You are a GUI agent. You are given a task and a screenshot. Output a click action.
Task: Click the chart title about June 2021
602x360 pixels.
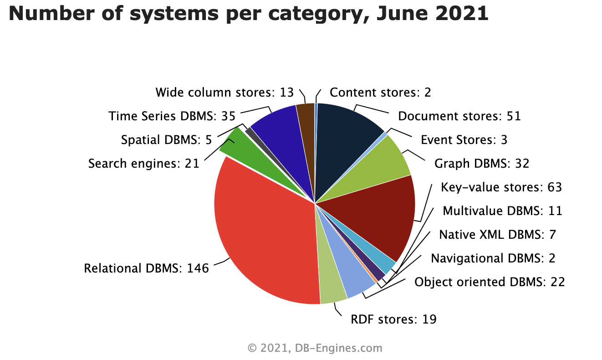(249, 14)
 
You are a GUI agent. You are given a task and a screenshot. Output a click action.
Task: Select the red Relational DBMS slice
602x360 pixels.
(264, 237)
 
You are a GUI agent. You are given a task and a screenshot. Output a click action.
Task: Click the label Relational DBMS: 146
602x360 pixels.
(146, 268)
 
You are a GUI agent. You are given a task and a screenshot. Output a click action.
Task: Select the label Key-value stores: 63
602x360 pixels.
(501, 187)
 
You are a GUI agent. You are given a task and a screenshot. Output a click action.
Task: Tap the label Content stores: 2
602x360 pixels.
(380, 93)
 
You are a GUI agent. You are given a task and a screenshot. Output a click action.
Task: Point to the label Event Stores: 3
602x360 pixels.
(464, 139)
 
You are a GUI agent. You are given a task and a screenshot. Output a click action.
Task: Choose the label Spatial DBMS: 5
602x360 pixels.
(166, 140)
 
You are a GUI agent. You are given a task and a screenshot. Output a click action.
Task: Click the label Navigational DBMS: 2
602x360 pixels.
(493, 258)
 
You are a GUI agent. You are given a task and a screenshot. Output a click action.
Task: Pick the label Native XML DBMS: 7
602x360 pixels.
(497, 235)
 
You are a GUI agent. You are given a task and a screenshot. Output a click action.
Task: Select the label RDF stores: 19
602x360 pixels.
(393, 319)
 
